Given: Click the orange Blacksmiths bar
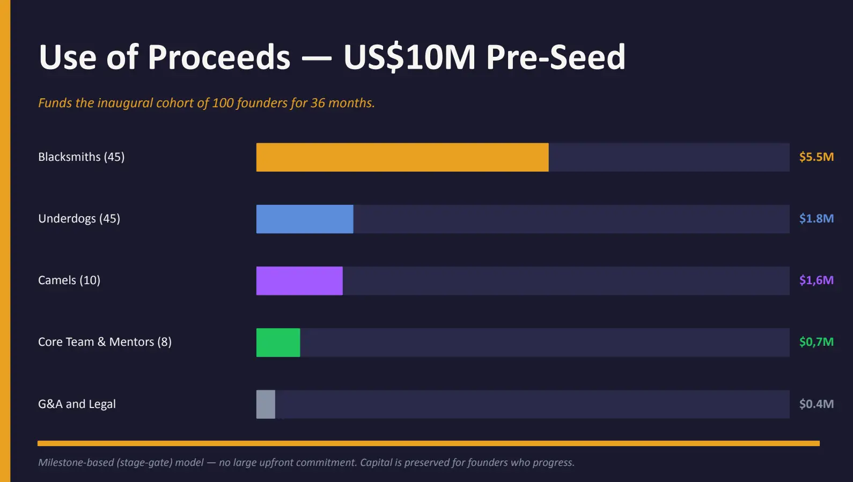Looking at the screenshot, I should (x=402, y=157).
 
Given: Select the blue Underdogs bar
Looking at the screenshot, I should (x=305, y=219).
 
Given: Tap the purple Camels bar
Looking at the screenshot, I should (x=299, y=280).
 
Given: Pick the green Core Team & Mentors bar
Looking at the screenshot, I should (x=278, y=342).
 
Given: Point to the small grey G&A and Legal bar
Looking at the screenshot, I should (x=266, y=404).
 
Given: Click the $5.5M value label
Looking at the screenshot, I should (x=816, y=157).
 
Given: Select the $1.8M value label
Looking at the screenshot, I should (x=816, y=219).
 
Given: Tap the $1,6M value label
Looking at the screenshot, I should (x=816, y=280).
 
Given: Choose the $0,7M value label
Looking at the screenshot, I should (x=816, y=342).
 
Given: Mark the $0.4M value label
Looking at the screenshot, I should (x=816, y=404).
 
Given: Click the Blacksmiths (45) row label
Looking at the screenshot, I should (x=81, y=157).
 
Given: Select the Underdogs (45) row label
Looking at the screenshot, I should (x=79, y=219).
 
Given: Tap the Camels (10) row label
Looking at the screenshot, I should (x=69, y=280).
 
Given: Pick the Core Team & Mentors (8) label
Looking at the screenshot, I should (x=105, y=342).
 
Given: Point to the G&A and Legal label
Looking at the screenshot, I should (x=77, y=404).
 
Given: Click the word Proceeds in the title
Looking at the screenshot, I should (x=218, y=57).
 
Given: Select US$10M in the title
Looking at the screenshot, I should (x=409, y=57).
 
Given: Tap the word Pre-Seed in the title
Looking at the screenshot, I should (x=555, y=57).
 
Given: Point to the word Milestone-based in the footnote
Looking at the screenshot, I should (x=76, y=463).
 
